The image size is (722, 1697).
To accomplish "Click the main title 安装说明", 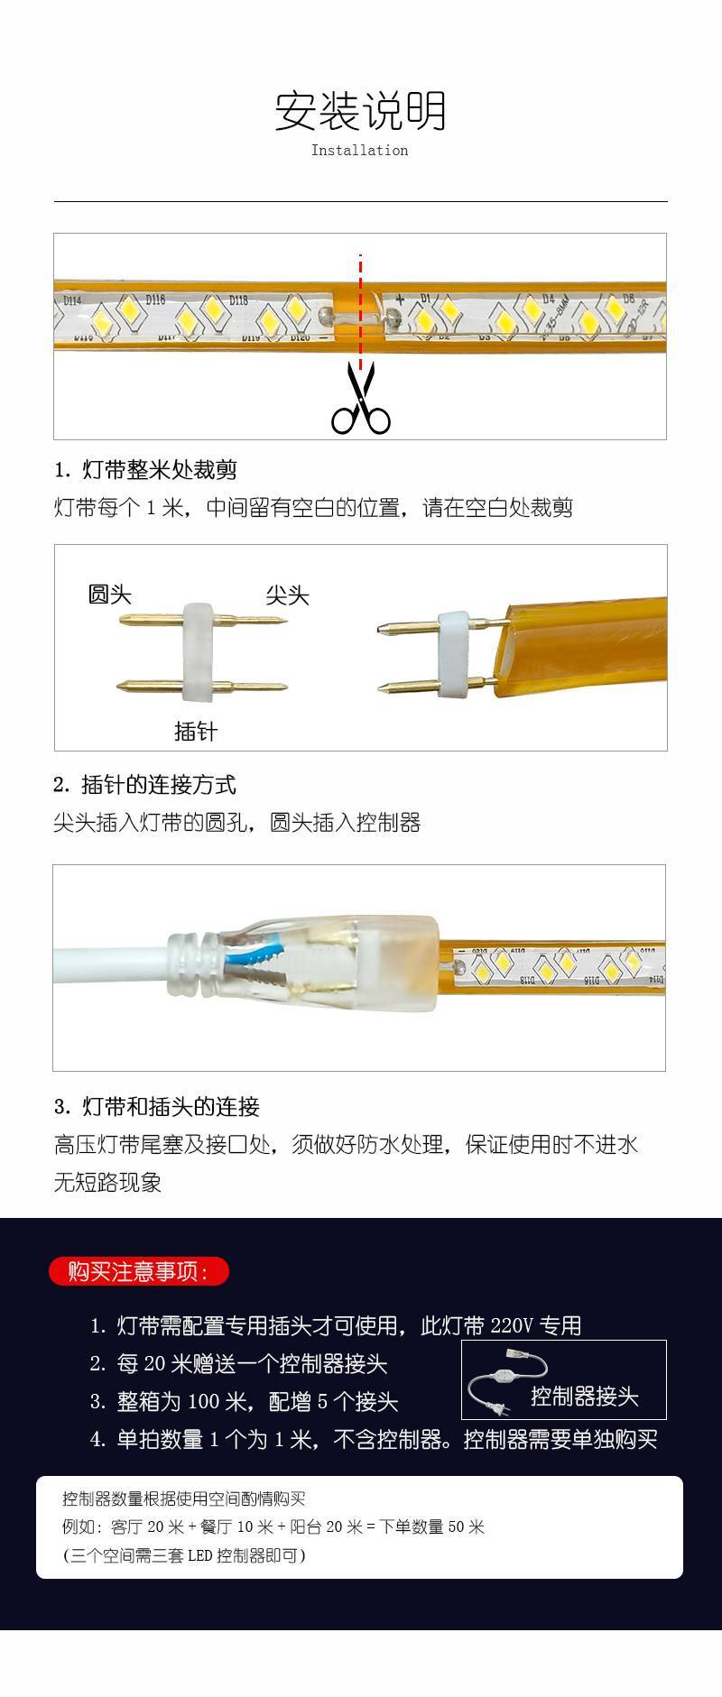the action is point(360,111).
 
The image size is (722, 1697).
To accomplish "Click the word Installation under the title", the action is point(359,151).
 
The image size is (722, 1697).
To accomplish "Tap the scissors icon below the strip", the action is point(360,398).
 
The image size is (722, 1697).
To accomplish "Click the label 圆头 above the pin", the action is point(109,594).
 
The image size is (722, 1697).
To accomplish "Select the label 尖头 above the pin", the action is point(287,595).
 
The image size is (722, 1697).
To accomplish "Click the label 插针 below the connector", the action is point(196,731).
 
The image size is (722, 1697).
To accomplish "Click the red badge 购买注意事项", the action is point(138,1271).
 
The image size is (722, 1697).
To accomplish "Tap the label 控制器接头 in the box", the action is point(584,1396).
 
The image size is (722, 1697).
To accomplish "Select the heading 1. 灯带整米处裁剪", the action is point(145,469).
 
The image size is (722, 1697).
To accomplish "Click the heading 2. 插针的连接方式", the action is point(144,784).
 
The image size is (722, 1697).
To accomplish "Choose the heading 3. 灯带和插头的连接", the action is point(157,1106).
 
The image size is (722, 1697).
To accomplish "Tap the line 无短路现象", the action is point(107,1182).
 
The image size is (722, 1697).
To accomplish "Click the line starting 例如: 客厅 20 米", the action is point(273,1526).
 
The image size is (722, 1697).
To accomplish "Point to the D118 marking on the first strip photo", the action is point(238,300).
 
